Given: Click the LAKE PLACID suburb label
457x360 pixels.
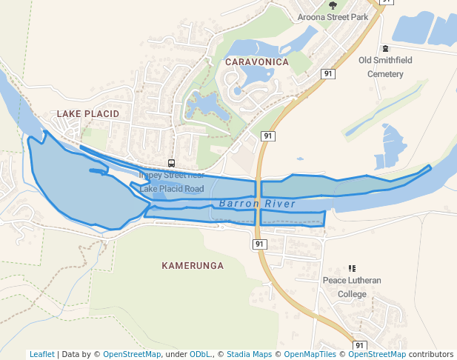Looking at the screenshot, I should pyautogui.click(x=87, y=114).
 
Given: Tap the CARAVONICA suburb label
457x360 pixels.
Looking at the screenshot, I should pyautogui.click(x=256, y=62).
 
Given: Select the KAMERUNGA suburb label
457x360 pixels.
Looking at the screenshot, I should pyautogui.click(x=193, y=264).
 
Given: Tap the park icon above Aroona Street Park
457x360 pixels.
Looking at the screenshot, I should pyautogui.click(x=333, y=5).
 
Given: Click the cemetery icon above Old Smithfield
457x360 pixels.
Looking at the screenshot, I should pyautogui.click(x=385, y=48).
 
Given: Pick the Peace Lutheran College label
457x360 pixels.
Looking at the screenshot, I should pyautogui.click(x=352, y=287).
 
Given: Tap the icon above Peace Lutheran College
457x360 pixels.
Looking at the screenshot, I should pyautogui.click(x=352, y=268).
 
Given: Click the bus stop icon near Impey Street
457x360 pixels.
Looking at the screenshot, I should pyautogui.click(x=171, y=164).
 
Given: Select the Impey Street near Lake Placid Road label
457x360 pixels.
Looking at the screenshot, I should pyautogui.click(x=171, y=182).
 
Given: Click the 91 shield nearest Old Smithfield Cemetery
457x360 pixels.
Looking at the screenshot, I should pyautogui.click(x=327, y=73).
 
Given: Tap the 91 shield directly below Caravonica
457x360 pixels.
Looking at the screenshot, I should pyautogui.click(x=268, y=136).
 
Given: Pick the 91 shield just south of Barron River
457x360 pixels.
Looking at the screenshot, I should pyautogui.click(x=258, y=244).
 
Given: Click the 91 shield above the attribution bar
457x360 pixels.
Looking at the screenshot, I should pyautogui.click(x=359, y=345).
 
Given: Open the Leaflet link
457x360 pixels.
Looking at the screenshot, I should pyautogui.click(x=42, y=355).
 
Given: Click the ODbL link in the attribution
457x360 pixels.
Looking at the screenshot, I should pyautogui.click(x=201, y=355).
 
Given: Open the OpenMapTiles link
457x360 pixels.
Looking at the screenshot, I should pyautogui.click(x=309, y=355).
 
